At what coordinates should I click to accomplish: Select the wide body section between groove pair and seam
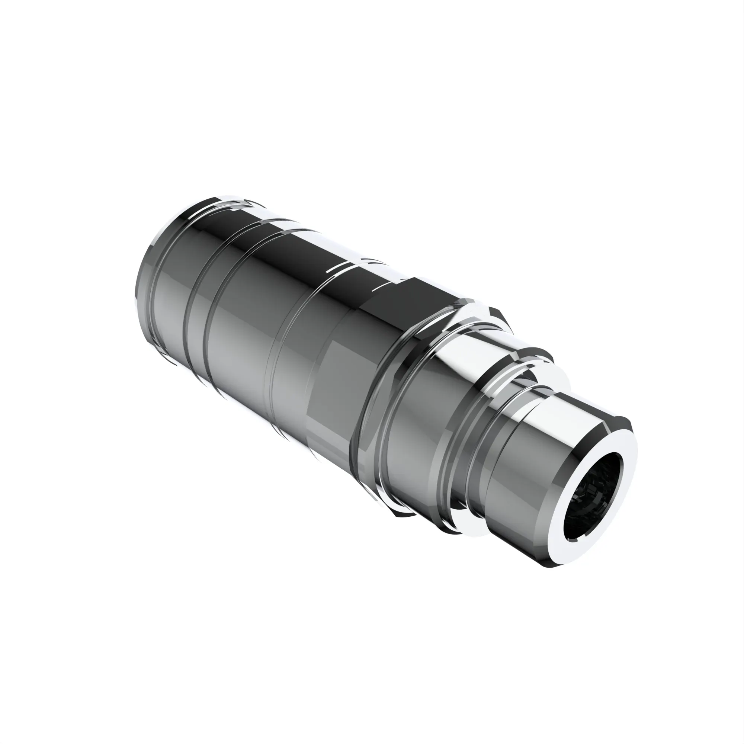point(243,347)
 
